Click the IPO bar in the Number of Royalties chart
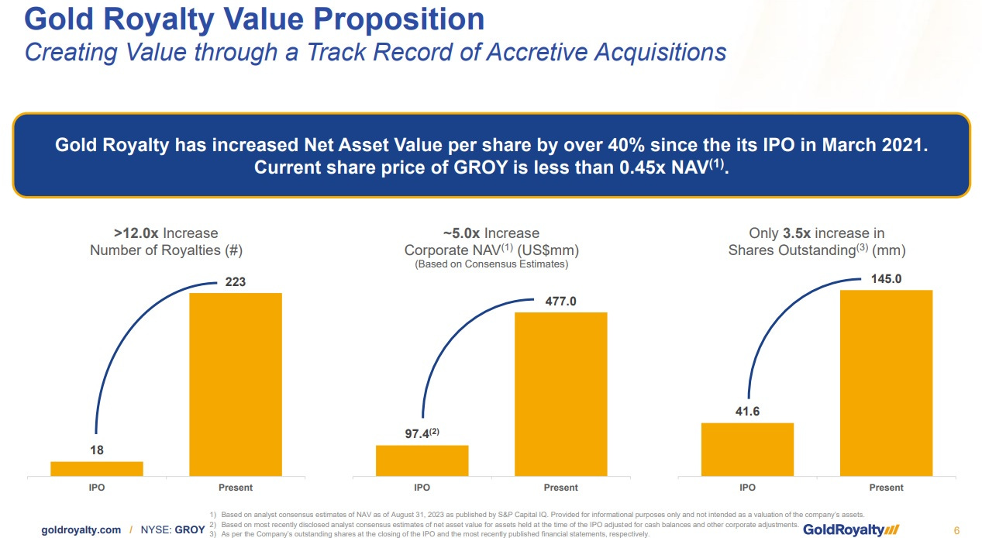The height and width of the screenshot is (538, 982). coord(97,468)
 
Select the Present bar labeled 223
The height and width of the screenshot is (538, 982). coord(236,385)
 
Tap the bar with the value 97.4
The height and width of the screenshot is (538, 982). coord(422,460)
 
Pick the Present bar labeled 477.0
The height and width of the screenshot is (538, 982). coord(560,394)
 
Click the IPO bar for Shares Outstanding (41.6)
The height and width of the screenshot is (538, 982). coord(747,449)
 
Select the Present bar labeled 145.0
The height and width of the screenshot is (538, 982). coord(886,383)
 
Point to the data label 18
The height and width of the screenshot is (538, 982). coord(97,450)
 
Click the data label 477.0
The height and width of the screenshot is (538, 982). coord(560,301)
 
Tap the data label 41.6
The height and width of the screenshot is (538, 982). coord(747,412)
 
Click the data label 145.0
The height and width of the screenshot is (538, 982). coord(886,279)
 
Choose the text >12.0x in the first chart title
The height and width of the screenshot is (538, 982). coord(136,233)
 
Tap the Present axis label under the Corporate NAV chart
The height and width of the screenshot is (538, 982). coord(560,488)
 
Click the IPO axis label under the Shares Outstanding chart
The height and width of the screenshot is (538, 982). coord(747,488)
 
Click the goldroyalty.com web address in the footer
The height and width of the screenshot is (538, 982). coord(81,530)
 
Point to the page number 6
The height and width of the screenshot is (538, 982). coord(956,530)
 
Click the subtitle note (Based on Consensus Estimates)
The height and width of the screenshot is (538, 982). coord(491,264)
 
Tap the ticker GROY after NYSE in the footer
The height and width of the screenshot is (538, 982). coord(190,530)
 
